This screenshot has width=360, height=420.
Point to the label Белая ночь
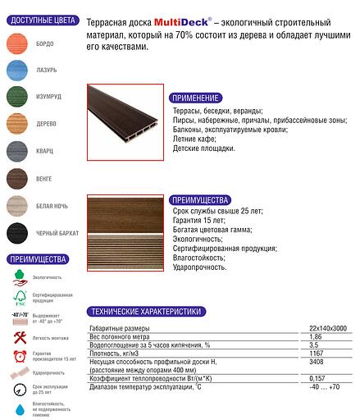52,205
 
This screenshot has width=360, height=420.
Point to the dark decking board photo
124,129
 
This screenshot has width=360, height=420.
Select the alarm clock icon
19,357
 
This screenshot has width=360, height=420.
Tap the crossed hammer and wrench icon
19,336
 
